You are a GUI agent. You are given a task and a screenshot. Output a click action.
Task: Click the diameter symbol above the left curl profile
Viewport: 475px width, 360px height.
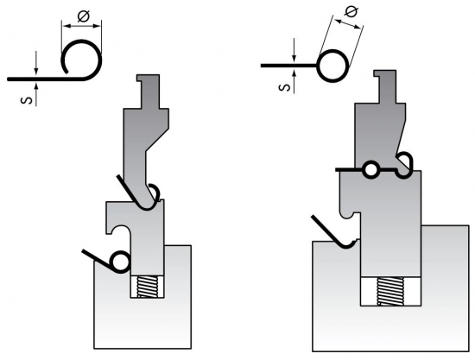pos(83,16)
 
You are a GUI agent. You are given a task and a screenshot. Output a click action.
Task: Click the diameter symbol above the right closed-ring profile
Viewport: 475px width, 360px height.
pos(351,12)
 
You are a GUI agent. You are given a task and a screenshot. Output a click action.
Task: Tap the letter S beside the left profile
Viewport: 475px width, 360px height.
pos(27,100)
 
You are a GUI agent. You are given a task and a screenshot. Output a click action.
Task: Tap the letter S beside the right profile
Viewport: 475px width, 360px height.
pos(285,87)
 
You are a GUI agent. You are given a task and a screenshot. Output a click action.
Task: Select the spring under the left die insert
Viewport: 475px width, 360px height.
pos(148,287)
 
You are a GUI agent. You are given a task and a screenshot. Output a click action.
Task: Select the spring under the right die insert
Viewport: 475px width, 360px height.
pos(390,291)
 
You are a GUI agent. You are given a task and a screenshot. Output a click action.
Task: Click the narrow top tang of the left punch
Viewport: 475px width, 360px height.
pos(149,92)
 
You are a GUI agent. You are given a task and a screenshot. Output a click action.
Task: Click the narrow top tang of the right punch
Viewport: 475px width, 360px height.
pos(385,86)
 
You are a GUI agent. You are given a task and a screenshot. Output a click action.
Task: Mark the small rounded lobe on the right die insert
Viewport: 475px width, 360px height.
pos(346,213)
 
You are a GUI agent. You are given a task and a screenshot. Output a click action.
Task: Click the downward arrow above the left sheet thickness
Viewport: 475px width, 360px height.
pos(36,63)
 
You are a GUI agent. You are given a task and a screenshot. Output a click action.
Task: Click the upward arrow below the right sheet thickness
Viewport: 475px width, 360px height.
pos(294,81)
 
